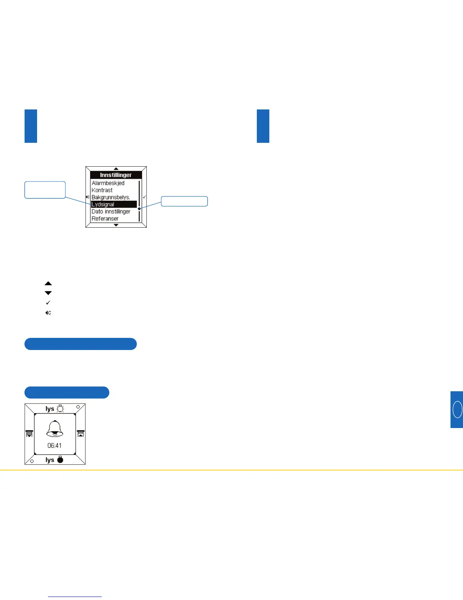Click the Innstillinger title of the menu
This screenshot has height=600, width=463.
(x=116, y=175)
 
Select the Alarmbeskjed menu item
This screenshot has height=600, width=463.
(x=108, y=183)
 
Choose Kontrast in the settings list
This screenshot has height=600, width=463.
(x=102, y=190)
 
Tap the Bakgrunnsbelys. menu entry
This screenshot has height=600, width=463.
(x=110, y=197)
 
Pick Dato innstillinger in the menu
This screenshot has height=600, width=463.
(x=111, y=211)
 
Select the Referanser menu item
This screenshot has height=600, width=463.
(x=105, y=219)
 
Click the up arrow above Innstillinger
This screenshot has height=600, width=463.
(x=116, y=169)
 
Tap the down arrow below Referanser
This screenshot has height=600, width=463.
(x=116, y=225)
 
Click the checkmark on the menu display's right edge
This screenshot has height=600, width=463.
(x=144, y=197)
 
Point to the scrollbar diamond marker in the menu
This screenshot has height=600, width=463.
(x=139, y=209)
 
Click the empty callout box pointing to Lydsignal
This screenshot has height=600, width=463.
(x=45, y=190)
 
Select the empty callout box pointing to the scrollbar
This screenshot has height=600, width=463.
(x=184, y=201)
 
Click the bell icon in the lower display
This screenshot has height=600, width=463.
(x=55, y=429)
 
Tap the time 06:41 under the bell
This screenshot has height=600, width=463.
(x=54, y=446)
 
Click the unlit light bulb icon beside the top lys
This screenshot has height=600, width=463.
(x=60, y=409)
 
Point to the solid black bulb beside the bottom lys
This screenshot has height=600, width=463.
(x=60, y=460)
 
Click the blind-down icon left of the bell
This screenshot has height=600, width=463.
(x=30, y=434)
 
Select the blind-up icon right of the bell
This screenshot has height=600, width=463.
(x=80, y=434)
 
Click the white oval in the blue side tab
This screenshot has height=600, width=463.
(x=457, y=409)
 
